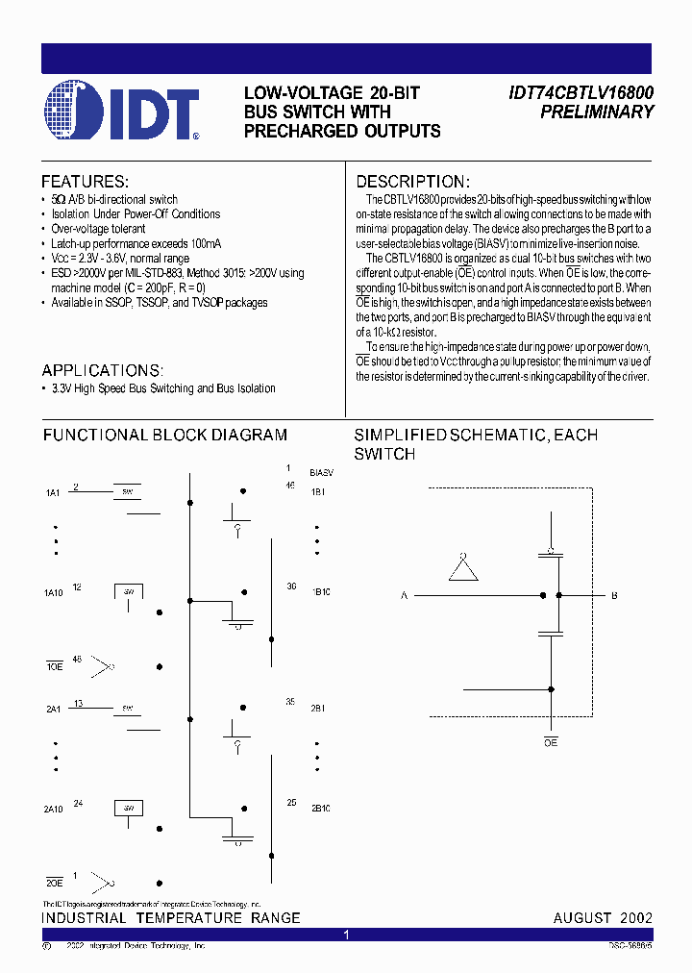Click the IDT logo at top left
coord(121,112)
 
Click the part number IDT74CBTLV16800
coord(581,93)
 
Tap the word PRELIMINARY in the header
coord(597,112)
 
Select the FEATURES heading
coord(85,182)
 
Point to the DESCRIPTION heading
coord(413,182)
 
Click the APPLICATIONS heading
coord(103,370)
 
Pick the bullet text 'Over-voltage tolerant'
coord(99,229)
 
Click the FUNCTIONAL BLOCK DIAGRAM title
coord(164,435)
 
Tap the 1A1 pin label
coord(53,493)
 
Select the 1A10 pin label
coord(54,593)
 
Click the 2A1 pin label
coord(53,709)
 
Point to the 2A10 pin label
coord(54,810)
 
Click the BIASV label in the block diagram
coord(321,474)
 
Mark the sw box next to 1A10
coord(130,590)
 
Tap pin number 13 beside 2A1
coord(78,704)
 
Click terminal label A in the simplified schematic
coord(405,596)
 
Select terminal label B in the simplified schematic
coord(614,596)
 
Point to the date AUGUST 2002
coord(603,918)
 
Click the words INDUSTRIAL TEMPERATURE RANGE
coord(171,918)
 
